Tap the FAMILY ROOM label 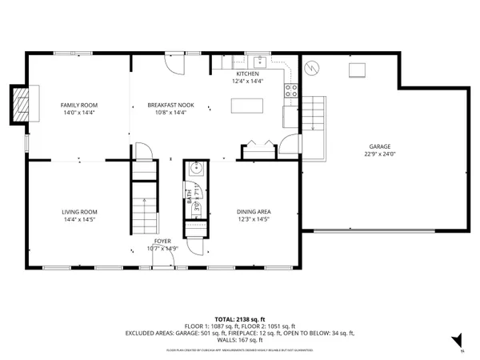(78, 105)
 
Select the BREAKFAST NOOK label (167, 105)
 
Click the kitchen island (246, 106)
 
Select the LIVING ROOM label (80, 211)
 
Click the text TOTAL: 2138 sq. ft (240, 319)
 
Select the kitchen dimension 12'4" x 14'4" (247, 81)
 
